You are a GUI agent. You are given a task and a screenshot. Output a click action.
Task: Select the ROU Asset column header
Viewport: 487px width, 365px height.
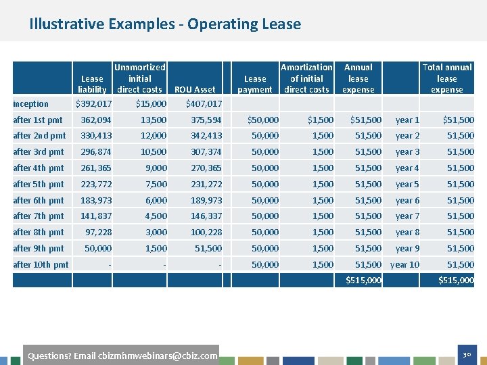pyautogui.click(x=195, y=89)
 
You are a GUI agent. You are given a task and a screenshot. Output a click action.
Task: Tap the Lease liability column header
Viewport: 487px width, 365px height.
pyautogui.click(x=92, y=84)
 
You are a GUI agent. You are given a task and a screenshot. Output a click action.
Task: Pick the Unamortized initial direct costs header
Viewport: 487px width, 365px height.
pyautogui.click(x=139, y=78)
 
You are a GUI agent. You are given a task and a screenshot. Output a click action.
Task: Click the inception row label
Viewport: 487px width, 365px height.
pyautogui.click(x=30, y=103)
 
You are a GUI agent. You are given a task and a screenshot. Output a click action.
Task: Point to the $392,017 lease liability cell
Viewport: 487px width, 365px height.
pyautogui.click(x=93, y=103)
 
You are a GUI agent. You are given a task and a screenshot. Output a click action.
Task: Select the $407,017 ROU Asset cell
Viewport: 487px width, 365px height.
pyautogui.click(x=204, y=103)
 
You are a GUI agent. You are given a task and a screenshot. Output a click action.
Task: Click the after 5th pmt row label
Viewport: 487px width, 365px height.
pyautogui.click(x=39, y=185)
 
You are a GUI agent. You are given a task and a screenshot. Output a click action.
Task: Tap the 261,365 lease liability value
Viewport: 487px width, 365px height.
pyautogui.click(x=95, y=168)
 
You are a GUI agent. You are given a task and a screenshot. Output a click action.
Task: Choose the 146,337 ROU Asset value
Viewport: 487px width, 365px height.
pyautogui.click(x=206, y=216)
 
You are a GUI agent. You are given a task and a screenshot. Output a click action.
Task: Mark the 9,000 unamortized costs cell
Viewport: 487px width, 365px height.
pyautogui.click(x=156, y=168)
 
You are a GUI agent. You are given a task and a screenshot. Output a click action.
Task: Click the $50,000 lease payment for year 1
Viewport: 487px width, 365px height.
pyautogui.click(x=263, y=120)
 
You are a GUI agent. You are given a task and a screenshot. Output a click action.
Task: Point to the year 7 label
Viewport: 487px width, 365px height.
pyautogui.click(x=407, y=216)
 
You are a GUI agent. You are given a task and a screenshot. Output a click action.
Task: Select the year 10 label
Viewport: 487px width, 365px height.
pyautogui.click(x=404, y=265)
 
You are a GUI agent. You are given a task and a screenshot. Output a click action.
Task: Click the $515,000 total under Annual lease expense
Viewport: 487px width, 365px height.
pyautogui.click(x=363, y=281)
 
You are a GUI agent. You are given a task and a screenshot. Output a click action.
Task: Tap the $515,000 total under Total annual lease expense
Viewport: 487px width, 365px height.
pyautogui.click(x=456, y=281)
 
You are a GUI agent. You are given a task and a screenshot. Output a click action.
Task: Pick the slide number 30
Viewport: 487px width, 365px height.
pyautogui.click(x=467, y=355)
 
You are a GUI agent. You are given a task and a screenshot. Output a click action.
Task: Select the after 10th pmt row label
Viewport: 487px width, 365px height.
pyautogui.click(x=41, y=265)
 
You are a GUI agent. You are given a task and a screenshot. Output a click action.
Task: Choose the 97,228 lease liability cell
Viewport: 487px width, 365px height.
pyautogui.click(x=99, y=232)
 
